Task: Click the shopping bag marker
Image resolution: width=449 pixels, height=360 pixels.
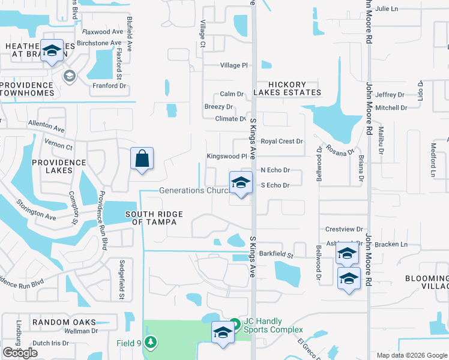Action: coord(142,159)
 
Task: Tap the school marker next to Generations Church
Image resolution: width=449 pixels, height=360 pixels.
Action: coord(241,183)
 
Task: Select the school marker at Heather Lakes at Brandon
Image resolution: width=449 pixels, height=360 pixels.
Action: coord(52,51)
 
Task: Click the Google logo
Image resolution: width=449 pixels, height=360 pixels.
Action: coord(20,353)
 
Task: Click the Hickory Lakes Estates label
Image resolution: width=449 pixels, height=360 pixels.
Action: coord(287,89)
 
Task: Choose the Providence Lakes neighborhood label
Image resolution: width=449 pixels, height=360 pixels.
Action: coord(60,166)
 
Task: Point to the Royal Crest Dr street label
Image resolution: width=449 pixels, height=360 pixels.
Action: coord(282,142)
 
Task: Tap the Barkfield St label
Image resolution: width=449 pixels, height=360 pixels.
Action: coord(277,254)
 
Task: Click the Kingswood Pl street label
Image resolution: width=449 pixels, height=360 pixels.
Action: coord(227,156)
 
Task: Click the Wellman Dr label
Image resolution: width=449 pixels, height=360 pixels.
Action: coord(81,331)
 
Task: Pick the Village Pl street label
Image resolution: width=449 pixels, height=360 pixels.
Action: coord(234,65)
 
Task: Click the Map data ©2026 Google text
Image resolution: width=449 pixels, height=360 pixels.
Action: coord(411,355)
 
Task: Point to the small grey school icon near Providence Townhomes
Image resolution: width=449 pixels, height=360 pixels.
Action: coord(69,76)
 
